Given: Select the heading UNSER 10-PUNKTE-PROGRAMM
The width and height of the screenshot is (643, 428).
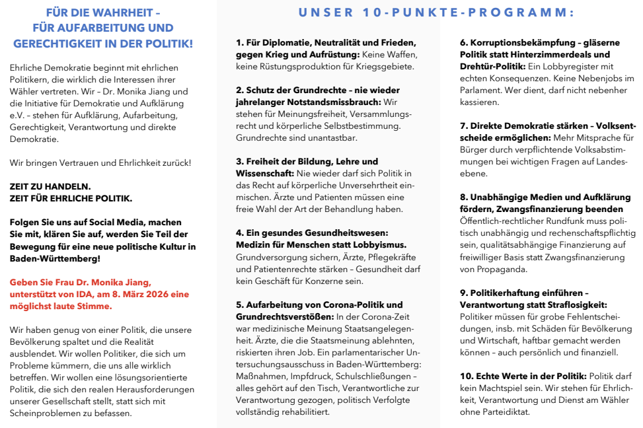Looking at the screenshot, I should pos(436,13).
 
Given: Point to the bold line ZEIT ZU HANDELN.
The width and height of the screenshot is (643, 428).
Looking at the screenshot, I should pos(50,186).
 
